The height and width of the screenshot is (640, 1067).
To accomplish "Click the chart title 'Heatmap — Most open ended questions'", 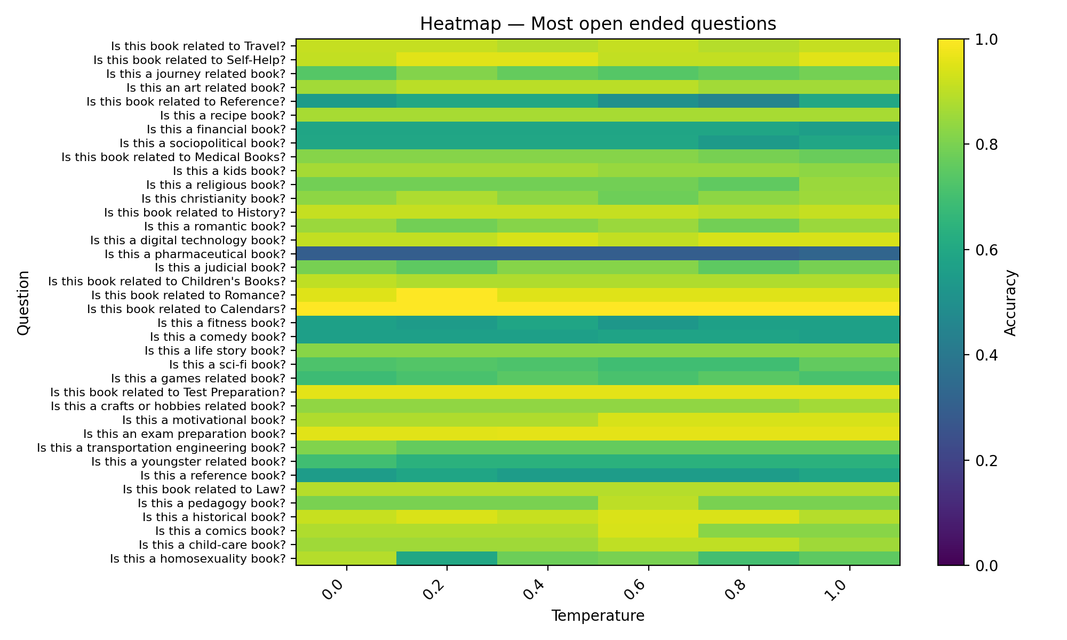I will click(x=598, y=24).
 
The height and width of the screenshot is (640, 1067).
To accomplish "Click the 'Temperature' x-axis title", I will click(x=598, y=616).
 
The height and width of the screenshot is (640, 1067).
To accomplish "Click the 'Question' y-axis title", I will click(x=23, y=302).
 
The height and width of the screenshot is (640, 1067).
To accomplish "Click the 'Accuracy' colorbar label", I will click(x=1010, y=302).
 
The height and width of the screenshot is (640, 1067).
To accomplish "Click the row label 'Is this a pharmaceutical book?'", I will click(x=195, y=254).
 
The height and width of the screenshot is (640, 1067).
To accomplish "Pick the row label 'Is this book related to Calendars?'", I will click(x=187, y=309).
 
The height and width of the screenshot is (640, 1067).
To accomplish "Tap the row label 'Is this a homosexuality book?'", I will click(x=198, y=559).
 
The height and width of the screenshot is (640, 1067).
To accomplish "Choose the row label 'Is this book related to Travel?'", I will click(x=198, y=46).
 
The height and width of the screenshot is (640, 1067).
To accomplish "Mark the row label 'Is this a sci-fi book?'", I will click(x=227, y=365).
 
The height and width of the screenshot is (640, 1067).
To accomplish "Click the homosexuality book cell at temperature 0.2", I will click(x=447, y=558).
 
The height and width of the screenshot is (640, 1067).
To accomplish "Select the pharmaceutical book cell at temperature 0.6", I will click(x=648, y=253).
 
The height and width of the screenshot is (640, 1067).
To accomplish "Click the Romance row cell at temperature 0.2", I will click(x=447, y=295).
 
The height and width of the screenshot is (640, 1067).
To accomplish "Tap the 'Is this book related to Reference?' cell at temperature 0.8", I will click(x=749, y=101).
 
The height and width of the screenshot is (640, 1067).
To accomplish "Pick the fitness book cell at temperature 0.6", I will click(x=648, y=323).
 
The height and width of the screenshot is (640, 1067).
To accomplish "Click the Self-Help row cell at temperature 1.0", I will click(x=849, y=60).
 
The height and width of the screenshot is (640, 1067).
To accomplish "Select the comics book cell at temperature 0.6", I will click(x=648, y=531).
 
